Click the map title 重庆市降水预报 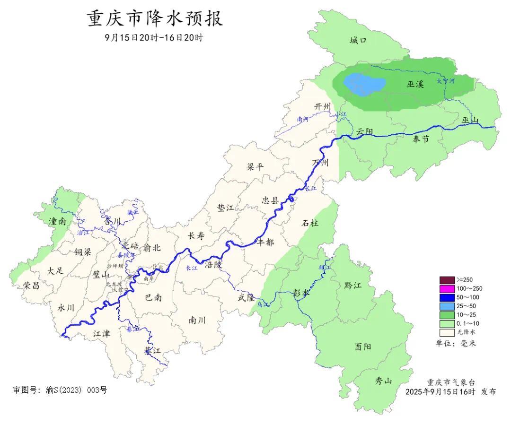(155, 19)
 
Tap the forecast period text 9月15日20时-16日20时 (154, 37)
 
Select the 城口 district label (358, 41)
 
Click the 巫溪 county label (415, 84)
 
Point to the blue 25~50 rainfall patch (363, 85)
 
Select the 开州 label (323, 107)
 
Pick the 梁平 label (255, 167)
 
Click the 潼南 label (58, 221)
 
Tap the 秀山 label (384, 381)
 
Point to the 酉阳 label (363, 347)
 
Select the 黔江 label (352, 285)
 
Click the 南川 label (197, 320)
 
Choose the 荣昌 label (31, 285)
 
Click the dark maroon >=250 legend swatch (447, 280)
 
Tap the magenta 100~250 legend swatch (447, 288)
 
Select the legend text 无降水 (466, 332)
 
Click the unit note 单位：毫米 (456, 343)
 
